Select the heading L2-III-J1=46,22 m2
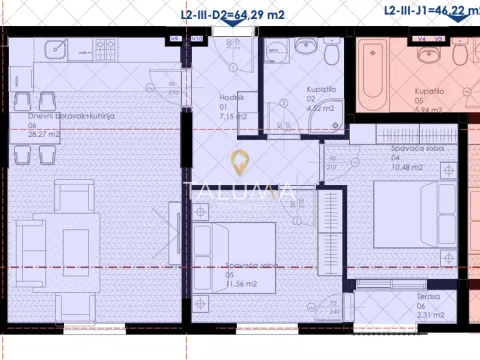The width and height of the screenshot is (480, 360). pos(430,10)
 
